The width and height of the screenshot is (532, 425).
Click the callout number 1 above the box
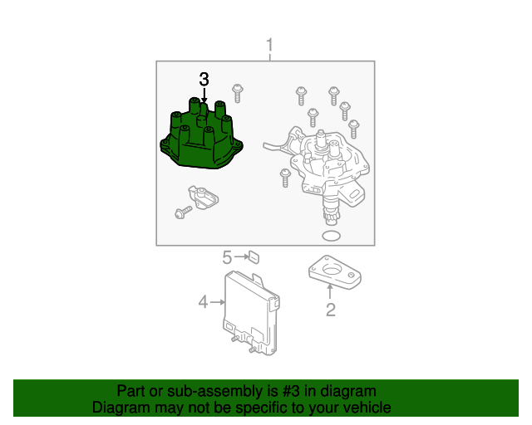tap(268, 44)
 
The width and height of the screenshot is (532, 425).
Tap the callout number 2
tap(330, 310)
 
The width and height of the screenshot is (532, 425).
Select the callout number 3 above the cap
tap(204, 80)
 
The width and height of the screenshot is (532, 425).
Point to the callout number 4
tap(203, 303)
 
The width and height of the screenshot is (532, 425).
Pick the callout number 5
tap(226, 257)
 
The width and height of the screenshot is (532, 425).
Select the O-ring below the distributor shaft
tap(330, 238)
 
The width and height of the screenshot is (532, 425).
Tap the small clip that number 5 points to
tap(254, 257)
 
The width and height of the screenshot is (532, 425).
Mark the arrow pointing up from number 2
tap(330, 291)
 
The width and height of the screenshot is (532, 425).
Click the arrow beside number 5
tap(240, 257)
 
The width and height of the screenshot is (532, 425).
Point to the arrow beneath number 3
tap(204, 96)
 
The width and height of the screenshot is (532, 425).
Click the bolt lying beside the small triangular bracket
tap(182, 212)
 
